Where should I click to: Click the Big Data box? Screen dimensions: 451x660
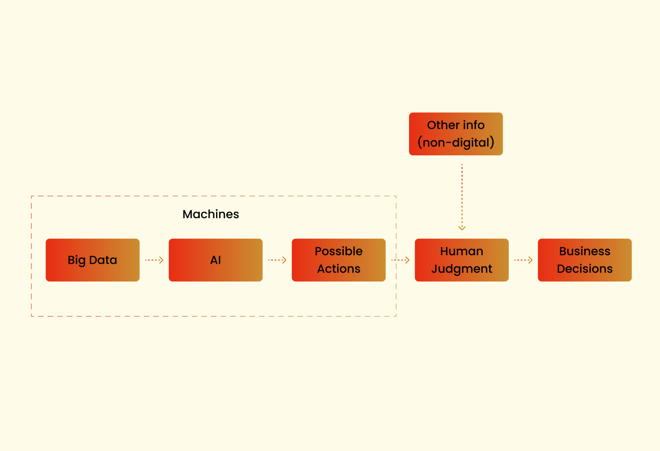92,260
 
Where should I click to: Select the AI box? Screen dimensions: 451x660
215,260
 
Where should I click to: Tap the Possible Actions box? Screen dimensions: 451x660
339,260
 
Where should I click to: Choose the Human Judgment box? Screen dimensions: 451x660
461,260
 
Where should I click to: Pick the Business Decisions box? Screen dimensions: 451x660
584,260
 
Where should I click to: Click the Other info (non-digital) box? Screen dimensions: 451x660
455,134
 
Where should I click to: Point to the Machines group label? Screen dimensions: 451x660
211,214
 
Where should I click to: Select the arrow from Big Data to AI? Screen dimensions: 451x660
154,260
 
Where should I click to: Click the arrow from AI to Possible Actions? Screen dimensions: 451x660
277,260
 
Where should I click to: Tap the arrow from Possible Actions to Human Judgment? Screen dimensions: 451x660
400,260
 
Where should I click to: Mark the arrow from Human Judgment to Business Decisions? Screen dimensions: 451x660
523,260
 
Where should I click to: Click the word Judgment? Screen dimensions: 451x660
461,269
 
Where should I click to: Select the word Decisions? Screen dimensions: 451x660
584,269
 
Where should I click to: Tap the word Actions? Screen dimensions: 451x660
339,269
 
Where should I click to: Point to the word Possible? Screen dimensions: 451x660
339,251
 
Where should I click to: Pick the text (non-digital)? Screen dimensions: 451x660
455,142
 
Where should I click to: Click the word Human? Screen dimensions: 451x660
461,251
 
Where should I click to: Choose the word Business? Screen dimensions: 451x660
584,251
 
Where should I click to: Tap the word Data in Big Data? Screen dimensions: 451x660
103,260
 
